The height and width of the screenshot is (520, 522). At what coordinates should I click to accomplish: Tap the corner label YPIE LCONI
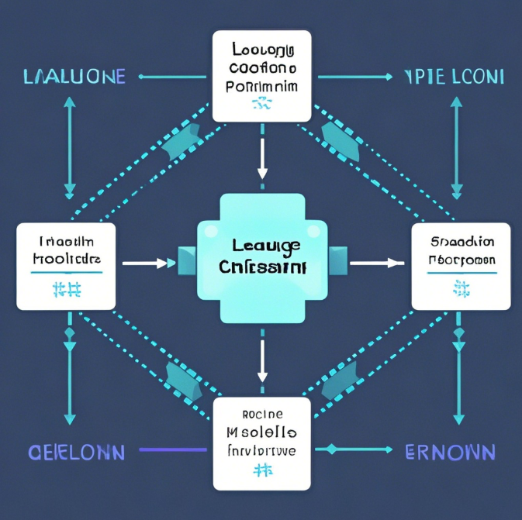coord(454,77)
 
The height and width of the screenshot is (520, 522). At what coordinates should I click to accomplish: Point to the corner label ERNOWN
coord(450,451)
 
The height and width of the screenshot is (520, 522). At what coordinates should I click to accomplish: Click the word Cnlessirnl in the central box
coord(261,267)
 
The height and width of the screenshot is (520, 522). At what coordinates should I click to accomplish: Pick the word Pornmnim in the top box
coord(261,86)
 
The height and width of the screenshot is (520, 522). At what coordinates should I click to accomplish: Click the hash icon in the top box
coord(261,104)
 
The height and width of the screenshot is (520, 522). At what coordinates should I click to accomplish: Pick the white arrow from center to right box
coord(375,263)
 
